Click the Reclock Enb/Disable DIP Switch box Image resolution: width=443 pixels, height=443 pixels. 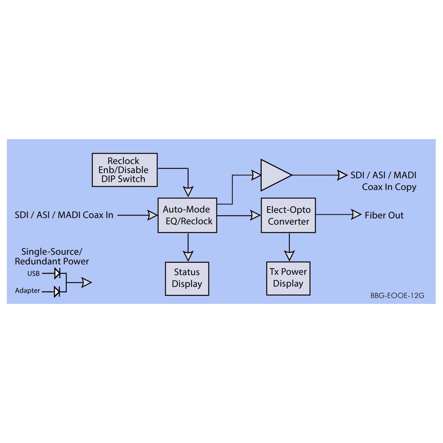[125, 170]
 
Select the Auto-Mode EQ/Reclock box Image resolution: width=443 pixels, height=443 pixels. [187, 215]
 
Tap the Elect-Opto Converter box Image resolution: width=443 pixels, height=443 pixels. [288, 215]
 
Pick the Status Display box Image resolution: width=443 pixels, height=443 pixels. [187, 278]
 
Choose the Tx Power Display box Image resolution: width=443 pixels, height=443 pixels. [288, 278]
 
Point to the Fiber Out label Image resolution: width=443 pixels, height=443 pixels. [384, 215]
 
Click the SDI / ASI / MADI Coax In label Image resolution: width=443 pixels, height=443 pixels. [64, 215]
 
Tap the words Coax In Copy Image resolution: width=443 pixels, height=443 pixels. [389, 187]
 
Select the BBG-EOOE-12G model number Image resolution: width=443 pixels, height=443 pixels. [397, 296]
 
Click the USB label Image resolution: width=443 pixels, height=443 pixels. [34, 273]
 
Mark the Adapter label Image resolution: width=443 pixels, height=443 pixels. [28, 291]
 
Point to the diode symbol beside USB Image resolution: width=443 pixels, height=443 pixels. [57, 274]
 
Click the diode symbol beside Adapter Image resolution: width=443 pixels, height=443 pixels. [57, 291]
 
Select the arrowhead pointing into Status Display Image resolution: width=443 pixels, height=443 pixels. [188, 256]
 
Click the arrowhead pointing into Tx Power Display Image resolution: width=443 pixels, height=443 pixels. [289, 256]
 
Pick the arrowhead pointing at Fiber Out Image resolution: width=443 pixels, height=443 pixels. [356, 215]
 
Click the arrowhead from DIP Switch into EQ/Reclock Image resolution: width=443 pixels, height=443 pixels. [188, 191]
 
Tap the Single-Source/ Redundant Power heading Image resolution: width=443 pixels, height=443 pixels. [52, 256]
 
